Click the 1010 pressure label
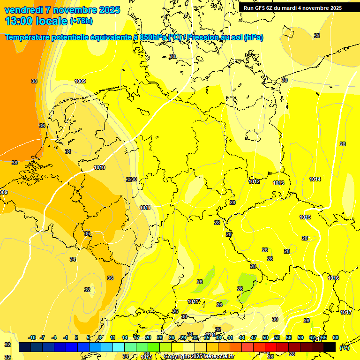pos(99,167)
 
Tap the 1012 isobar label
pos(254,181)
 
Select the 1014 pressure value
pos(315,179)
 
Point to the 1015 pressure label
pos(306,217)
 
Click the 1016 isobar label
pos(333,278)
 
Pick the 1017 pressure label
pos(346,312)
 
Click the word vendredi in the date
pos(23,10)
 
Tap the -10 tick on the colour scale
pos(32,337)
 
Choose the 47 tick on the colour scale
pos(254,337)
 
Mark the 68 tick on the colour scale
pos(336,337)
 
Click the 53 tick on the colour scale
pos(277,337)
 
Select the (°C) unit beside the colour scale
pos(345,347)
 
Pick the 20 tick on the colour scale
pos(148,337)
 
